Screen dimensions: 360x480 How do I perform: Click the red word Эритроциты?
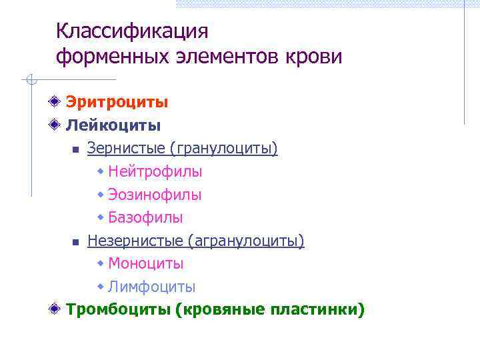click(117, 103)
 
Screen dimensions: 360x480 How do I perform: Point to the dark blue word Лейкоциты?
click(113, 125)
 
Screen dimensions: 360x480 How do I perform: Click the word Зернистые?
click(121, 148)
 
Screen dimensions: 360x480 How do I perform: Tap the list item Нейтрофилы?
click(155, 171)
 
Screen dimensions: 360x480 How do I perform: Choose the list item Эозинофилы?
click(155, 195)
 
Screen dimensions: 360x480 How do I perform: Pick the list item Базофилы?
click(145, 217)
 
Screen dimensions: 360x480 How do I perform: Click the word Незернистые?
click(134, 241)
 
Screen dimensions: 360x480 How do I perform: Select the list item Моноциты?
click(145, 264)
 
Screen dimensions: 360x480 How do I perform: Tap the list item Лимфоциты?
click(151, 287)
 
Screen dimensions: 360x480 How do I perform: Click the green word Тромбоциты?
click(119, 310)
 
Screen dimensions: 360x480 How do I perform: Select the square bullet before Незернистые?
click(76, 241)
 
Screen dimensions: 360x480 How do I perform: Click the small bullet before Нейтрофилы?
click(101, 171)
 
